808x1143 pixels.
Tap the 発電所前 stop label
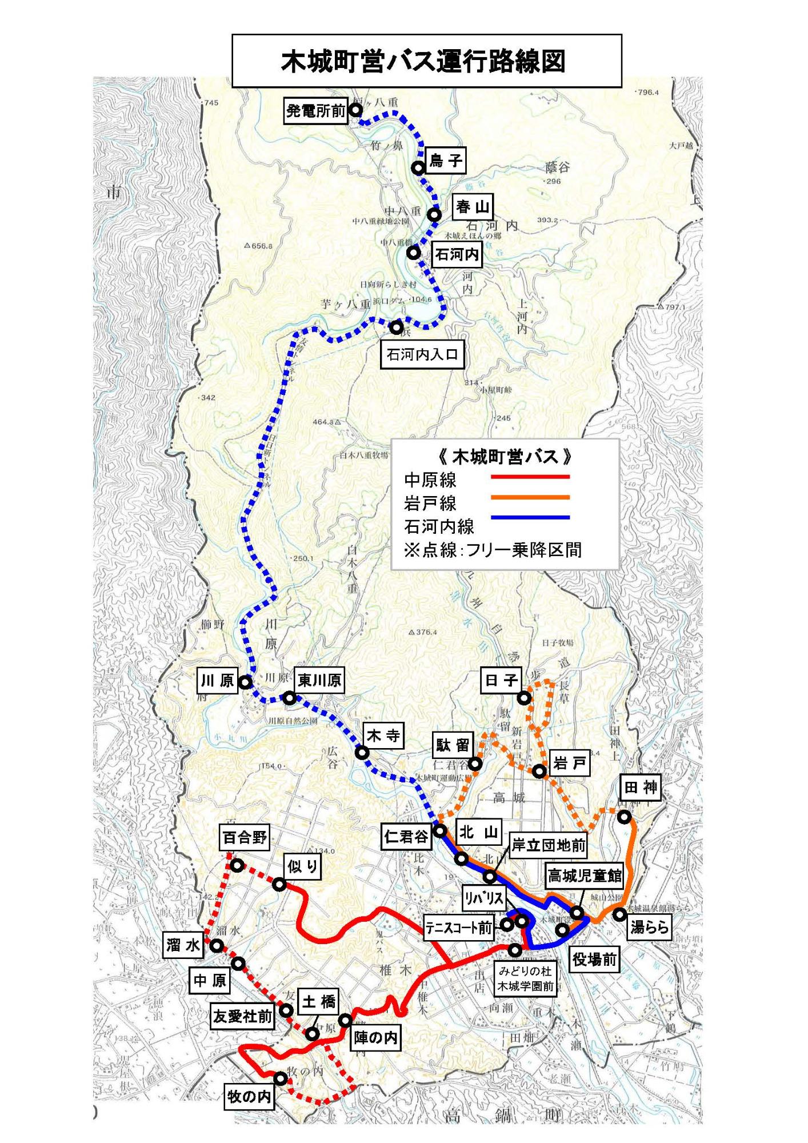point(316,110)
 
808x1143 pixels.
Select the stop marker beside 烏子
point(418,168)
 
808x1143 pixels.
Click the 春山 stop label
point(473,207)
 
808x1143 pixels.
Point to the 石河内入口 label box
point(422,355)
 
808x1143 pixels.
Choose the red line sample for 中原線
point(530,476)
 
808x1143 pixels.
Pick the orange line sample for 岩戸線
point(530,497)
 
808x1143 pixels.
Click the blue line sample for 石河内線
point(530,518)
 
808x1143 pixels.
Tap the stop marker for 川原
point(245,682)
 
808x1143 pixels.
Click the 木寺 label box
point(383,736)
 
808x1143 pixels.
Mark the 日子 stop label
point(501,680)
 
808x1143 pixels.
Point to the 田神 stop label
point(641,788)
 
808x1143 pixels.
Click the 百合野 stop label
point(245,838)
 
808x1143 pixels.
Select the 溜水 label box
point(183,945)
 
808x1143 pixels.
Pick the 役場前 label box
point(594,960)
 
